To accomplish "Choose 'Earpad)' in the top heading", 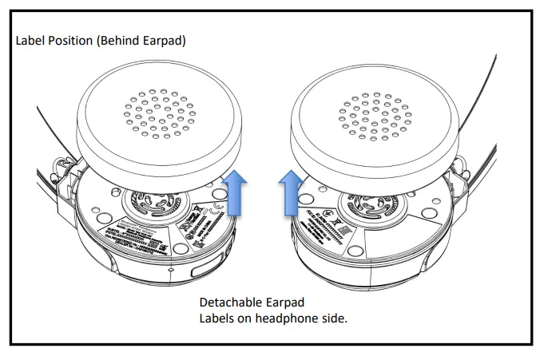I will (x=167, y=40).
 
